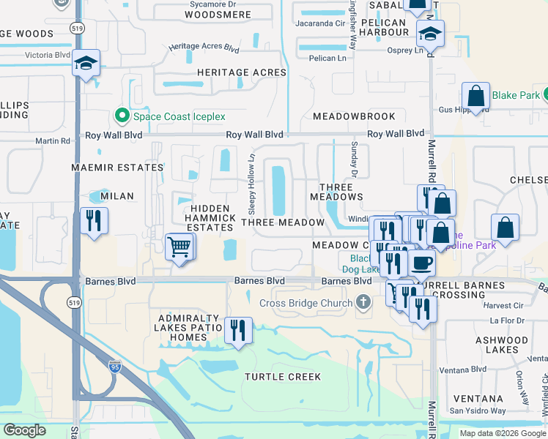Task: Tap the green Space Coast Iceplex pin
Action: [122, 116]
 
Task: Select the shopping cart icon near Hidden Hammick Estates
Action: [179, 247]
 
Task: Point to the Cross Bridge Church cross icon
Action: [363, 302]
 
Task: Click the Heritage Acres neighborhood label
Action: [241, 72]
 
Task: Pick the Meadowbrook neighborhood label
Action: [354, 116]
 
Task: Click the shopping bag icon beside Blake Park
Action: [476, 96]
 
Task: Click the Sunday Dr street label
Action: [354, 160]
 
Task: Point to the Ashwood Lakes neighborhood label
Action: [522, 345]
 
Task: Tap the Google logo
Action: [24, 430]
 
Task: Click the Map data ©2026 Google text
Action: [503, 433]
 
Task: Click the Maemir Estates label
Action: [107, 168]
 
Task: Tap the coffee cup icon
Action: [421, 263]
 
